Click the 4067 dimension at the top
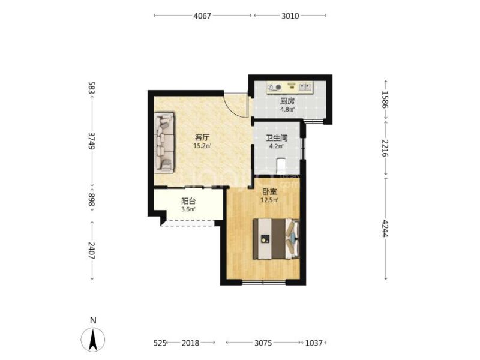pyautogui.click(x=202, y=16)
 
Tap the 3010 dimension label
pyautogui.click(x=290, y=16)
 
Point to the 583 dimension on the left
pyautogui.click(x=92, y=87)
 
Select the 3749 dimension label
pyautogui.click(x=92, y=140)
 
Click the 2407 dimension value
pyautogui.click(x=92, y=250)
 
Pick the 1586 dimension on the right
pyautogui.click(x=385, y=100)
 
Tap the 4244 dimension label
pyautogui.click(x=385, y=229)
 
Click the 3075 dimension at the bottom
pyautogui.click(x=263, y=343)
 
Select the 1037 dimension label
pyautogui.click(x=314, y=343)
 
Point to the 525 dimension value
pyautogui.click(x=160, y=343)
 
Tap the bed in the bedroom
pyautogui.click(x=276, y=238)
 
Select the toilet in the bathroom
pyautogui.click(x=281, y=166)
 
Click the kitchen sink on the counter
pyautogui.click(x=305, y=87)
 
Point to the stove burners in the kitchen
pyautogui.click(x=275, y=88)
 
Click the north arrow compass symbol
pyautogui.click(x=93, y=339)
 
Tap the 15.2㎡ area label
pyautogui.click(x=202, y=146)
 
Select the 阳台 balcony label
pyautogui.click(x=188, y=202)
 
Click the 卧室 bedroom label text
pyautogui.click(x=269, y=192)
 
